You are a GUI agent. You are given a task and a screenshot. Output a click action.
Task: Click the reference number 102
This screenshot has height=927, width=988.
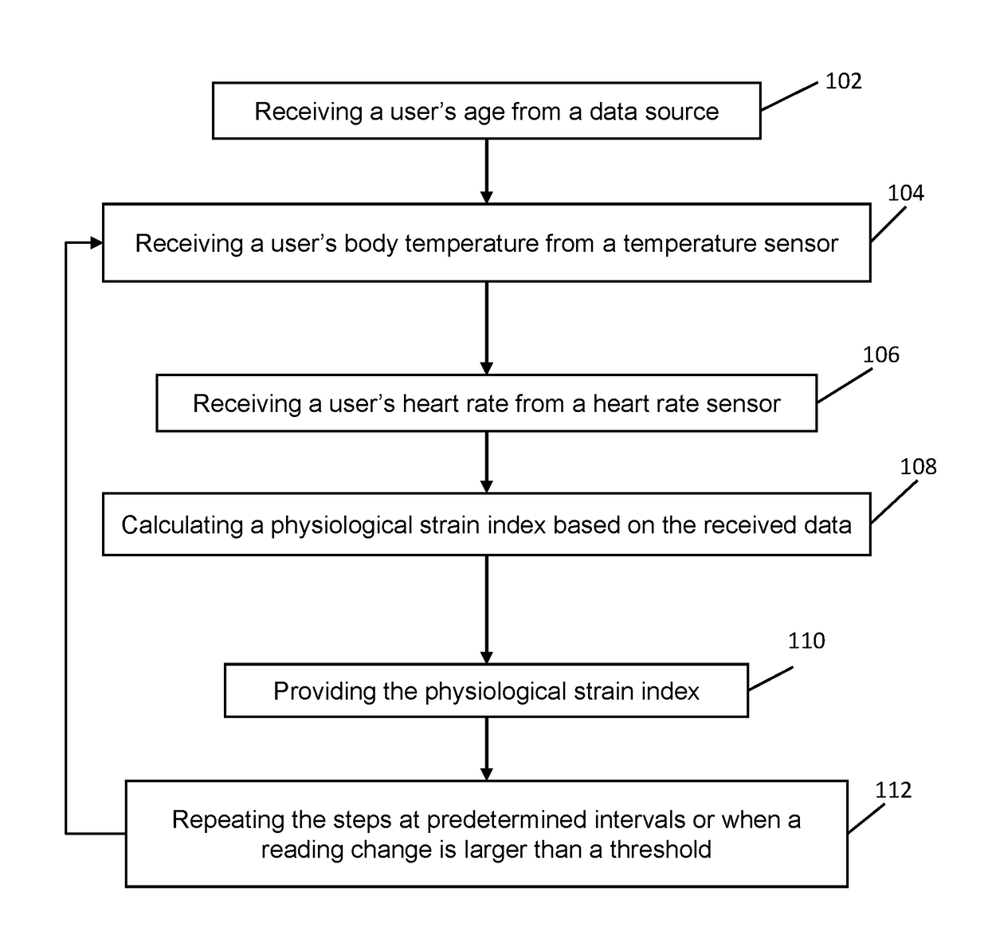pyautogui.click(x=843, y=81)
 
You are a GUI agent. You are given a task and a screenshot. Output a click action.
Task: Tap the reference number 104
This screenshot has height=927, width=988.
pyautogui.click(x=906, y=193)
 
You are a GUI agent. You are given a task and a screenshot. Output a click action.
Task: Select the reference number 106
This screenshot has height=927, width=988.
pyautogui.click(x=881, y=355)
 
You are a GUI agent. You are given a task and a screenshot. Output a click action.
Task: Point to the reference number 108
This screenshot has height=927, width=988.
pyautogui.click(x=919, y=467)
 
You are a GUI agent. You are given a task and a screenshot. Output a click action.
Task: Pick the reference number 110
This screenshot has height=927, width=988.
pyautogui.click(x=806, y=641)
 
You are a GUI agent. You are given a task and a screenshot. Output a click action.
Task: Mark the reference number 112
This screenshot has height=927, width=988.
pyautogui.click(x=893, y=791)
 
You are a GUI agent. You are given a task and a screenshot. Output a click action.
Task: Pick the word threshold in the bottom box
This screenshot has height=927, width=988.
pyautogui.click(x=661, y=850)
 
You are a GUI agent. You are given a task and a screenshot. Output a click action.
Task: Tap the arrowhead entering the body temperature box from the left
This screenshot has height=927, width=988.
pyautogui.click(x=96, y=243)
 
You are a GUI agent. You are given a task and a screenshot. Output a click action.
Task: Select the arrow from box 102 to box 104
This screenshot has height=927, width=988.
pyautogui.click(x=487, y=171)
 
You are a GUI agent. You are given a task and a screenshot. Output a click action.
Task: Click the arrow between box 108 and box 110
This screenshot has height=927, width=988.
pyautogui.click(x=487, y=610)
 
